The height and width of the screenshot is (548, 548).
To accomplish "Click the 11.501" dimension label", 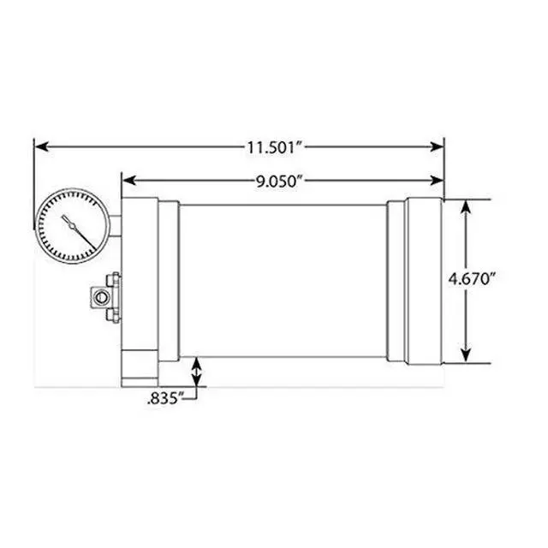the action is pos(275,147).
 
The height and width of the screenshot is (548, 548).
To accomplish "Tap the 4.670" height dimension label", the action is pos(472,279).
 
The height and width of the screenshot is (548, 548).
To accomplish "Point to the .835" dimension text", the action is pos(165,398).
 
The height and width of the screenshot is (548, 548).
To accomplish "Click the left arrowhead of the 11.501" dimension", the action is pos(42,146).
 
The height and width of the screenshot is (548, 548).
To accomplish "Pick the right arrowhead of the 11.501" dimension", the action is pos(437,146).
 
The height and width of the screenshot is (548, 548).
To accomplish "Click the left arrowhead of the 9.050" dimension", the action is pos(129,181).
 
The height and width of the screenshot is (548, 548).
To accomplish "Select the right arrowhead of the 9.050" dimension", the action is pos(437,181).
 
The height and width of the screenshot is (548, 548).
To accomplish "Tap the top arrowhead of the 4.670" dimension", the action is pos(465,207).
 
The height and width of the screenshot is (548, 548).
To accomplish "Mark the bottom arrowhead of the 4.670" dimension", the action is pos(465,355).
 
